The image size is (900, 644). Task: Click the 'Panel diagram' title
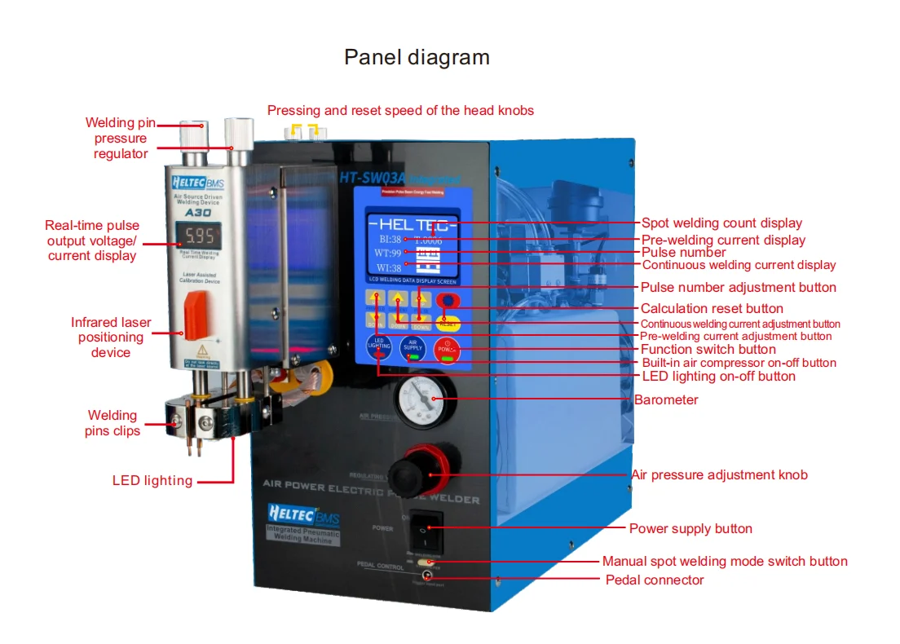pos(417,57)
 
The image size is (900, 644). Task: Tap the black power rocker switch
pos(426,527)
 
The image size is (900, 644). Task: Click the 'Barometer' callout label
pos(666,400)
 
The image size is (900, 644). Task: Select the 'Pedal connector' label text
pos(655,580)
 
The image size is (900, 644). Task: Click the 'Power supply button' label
pos(690,529)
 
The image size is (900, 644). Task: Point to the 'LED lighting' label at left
pos(152,481)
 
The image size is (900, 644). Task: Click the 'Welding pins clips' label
pos(112,423)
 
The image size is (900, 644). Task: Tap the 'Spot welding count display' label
pos(721,223)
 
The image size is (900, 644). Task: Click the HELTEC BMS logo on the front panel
pos(303,516)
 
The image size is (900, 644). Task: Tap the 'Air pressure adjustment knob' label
pos(719,474)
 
